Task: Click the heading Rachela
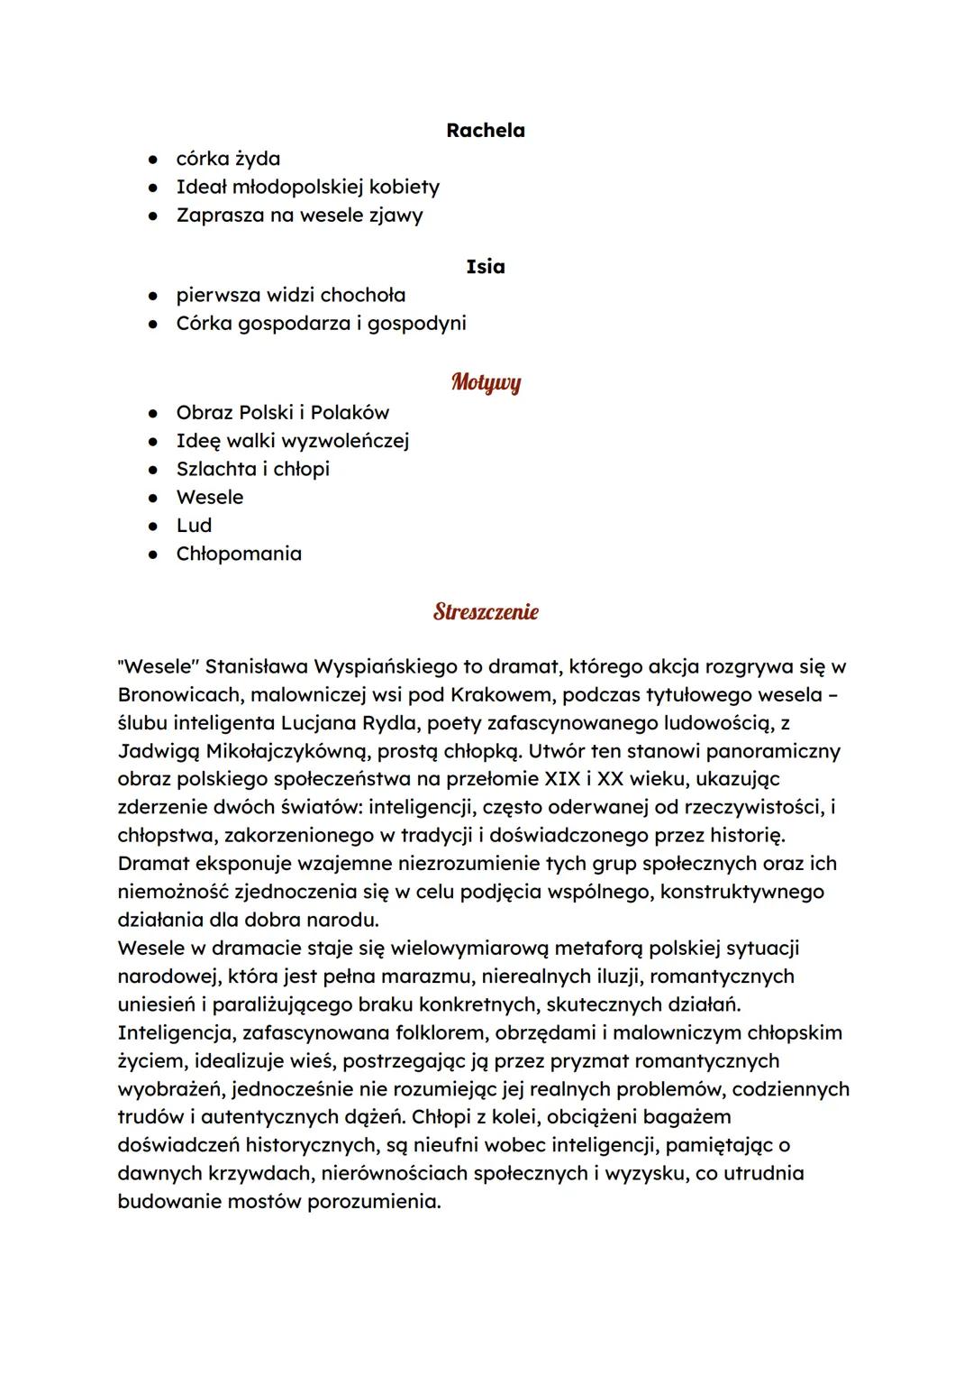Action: [x=485, y=131]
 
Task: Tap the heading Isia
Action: [x=485, y=267]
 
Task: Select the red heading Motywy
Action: [x=486, y=382]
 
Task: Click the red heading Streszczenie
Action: [x=486, y=612]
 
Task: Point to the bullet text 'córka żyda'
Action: [x=228, y=159]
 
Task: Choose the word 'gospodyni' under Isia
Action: [x=416, y=323]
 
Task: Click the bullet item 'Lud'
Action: [x=194, y=526]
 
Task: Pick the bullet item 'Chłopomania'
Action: [x=239, y=554]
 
